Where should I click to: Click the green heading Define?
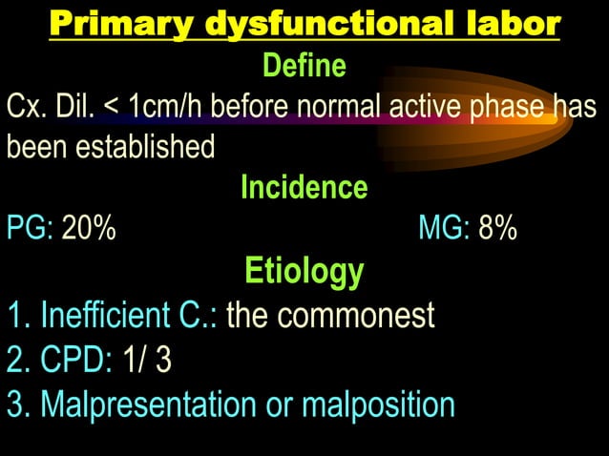tap(304, 67)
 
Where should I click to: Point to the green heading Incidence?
tap(304, 187)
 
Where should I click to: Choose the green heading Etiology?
tap(304, 271)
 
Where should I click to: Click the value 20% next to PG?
tap(89, 229)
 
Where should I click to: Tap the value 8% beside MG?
tap(498, 229)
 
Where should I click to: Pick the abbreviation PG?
tap(30, 229)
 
